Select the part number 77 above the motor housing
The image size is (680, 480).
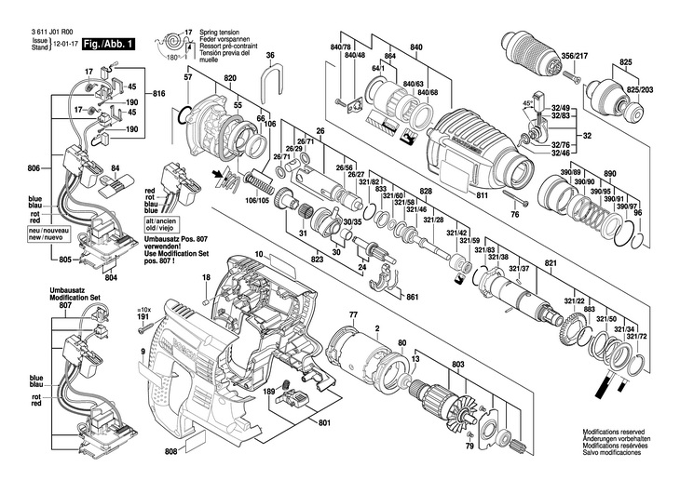[353, 316]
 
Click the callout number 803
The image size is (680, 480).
[457, 366]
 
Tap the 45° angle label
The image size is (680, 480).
[529, 104]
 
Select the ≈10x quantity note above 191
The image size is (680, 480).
[143, 309]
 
